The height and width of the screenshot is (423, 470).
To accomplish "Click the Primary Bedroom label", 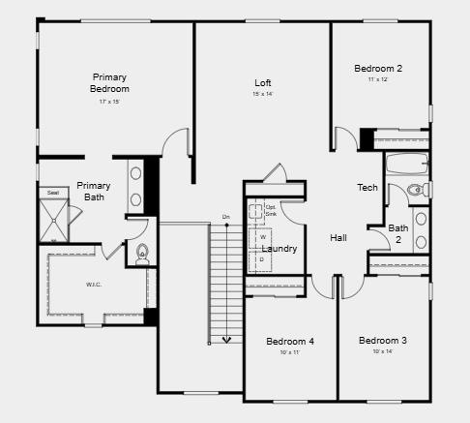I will [109, 83].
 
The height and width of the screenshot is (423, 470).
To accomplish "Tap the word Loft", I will [263, 83].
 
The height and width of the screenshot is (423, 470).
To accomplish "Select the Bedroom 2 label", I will [378, 69].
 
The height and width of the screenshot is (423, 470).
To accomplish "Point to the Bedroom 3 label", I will [383, 341].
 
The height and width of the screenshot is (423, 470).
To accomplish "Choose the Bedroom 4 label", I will [290, 342].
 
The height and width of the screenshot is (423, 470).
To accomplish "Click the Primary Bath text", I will [94, 192].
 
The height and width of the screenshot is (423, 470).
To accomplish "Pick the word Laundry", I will [279, 249].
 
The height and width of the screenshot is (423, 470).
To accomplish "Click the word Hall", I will [338, 238].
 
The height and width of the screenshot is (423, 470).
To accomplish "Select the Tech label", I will [367, 188].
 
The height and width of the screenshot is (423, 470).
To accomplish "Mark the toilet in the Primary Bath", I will [143, 254].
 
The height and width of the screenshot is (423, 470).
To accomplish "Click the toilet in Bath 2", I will [417, 189].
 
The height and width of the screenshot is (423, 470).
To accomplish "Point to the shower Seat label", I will [52, 193].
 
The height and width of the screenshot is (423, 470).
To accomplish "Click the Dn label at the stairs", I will [226, 216].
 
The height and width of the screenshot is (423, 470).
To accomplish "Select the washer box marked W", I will [262, 237].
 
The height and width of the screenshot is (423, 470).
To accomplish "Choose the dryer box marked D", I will [262, 259].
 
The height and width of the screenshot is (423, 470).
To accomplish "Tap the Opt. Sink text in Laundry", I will [271, 210].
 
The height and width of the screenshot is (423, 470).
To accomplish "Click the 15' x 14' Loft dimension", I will [263, 95].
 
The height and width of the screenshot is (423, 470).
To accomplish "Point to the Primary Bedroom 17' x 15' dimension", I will [109, 102].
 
